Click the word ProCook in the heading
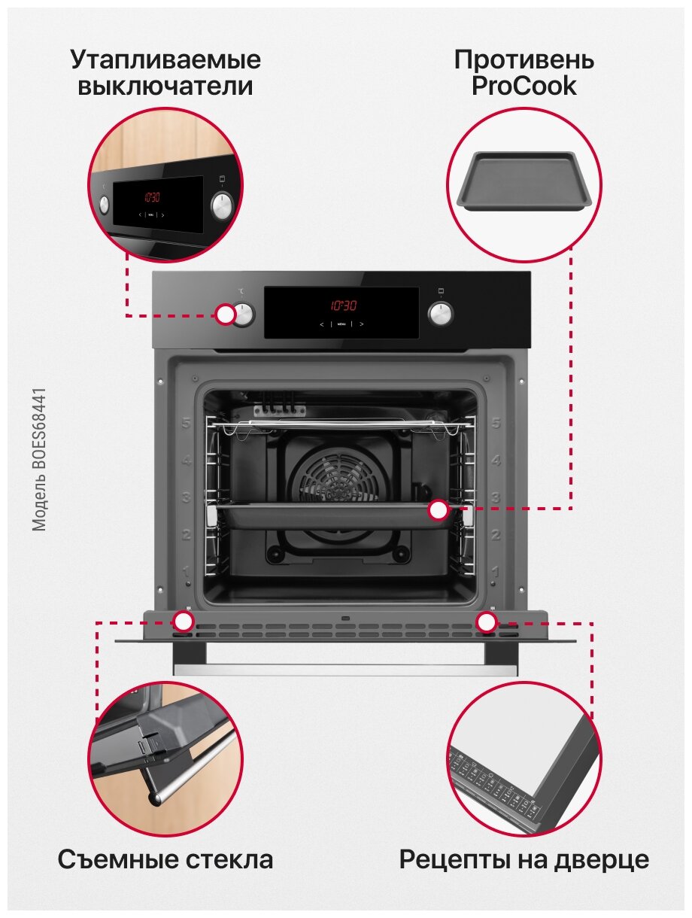(x=524, y=86)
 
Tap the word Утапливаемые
(x=165, y=59)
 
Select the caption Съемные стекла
(x=165, y=859)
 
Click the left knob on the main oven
(x=244, y=314)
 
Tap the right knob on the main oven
(x=440, y=314)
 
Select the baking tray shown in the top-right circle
(x=524, y=181)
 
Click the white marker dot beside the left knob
(x=225, y=315)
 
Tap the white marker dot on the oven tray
(x=439, y=510)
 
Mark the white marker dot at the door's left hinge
(x=183, y=622)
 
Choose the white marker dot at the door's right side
(x=487, y=622)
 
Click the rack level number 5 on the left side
(x=184, y=423)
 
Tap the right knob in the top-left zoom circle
(x=223, y=205)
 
